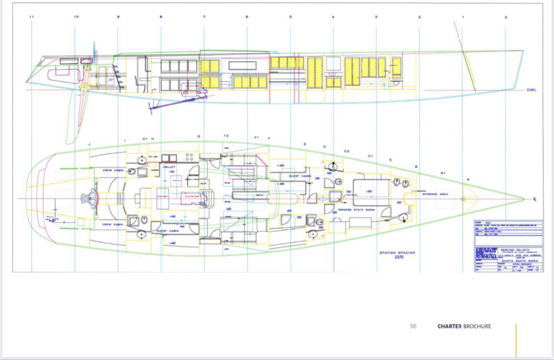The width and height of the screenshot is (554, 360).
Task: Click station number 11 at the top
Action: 32,17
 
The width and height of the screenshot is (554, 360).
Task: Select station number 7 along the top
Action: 204,17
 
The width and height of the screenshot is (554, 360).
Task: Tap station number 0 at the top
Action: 506,17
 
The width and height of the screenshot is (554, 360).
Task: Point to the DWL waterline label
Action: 531,90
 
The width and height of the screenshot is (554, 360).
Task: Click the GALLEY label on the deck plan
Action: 169,167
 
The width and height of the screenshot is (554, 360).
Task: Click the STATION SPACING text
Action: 398,252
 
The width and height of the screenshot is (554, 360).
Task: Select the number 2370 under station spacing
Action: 399,257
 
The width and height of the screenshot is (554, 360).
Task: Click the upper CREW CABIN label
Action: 113,170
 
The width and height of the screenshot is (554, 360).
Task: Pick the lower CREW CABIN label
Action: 113,224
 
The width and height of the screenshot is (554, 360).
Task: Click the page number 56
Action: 413,326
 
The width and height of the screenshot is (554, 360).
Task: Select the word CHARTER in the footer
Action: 449,326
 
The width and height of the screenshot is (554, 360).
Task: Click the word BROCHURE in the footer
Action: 477,326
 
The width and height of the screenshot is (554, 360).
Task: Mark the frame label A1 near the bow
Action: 443,173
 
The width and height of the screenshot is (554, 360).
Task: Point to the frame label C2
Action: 347,151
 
